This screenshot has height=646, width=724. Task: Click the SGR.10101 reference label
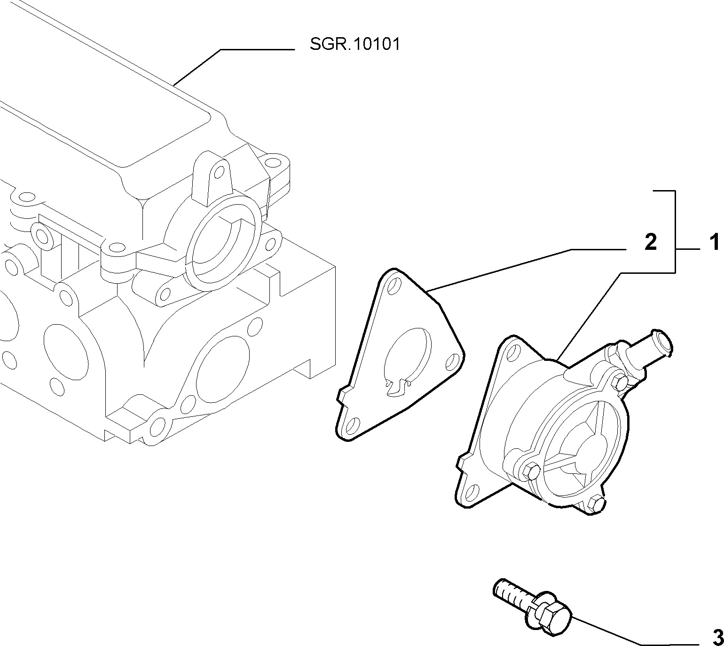coord(354,45)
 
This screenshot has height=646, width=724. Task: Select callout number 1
coord(714,242)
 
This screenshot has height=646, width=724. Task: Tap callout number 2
coord(650,242)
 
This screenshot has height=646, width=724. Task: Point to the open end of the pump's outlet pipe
coord(663,343)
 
